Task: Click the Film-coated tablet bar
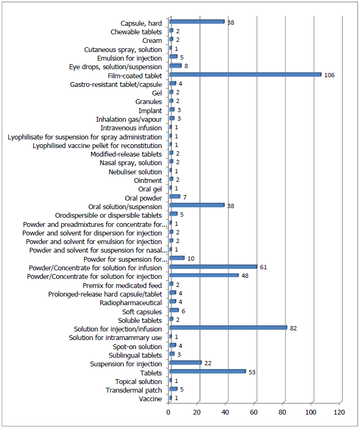tap(245, 75)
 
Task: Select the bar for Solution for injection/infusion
tap(228, 328)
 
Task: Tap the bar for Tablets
tap(207, 371)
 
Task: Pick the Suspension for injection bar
tap(185, 363)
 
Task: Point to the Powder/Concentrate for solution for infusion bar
tap(213, 267)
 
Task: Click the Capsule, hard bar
tap(197, 21)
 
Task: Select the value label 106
tap(329, 75)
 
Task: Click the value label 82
tap(293, 328)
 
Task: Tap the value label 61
tap(264, 267)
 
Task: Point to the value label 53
tap(252, 372)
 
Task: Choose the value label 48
tap(245, 276)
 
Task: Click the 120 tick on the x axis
tap(339, 412)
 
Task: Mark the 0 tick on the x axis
tap(168, 412)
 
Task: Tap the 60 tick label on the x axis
tap(253, 412)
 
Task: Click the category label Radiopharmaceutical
tap(131, 303)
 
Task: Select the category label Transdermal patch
tap(134, 390)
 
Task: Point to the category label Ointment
tap(148, 181)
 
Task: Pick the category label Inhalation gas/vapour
tap(129, 120)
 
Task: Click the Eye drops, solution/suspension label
tap(115, 67)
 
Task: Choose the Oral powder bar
tap(175, 196)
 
